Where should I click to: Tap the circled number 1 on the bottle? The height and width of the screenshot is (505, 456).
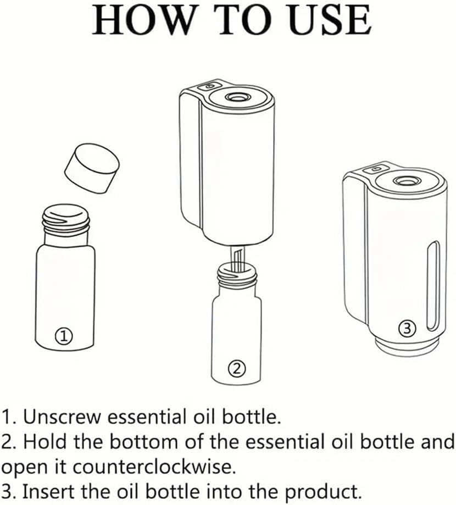pos(64,336)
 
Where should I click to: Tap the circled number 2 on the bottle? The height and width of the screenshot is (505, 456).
pos(237,368)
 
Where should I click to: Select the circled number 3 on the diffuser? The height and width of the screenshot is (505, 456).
pos(407,329)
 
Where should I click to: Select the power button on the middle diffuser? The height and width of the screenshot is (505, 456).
pos(210,86)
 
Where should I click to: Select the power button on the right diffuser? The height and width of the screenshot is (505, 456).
pos(376,169)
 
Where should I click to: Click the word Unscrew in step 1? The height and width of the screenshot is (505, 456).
pos(62,417)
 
